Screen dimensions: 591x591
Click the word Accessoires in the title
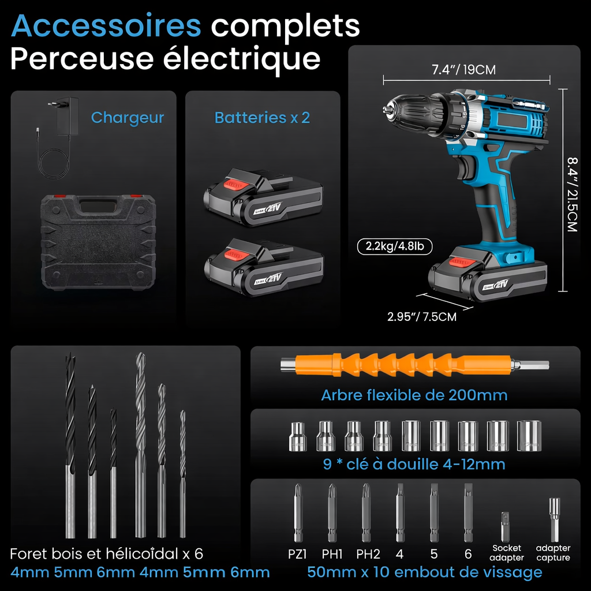point(106,25)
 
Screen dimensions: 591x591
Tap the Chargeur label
point(128,118)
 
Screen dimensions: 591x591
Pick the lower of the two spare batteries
point(263,266)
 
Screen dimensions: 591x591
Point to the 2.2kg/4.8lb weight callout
point(394,246)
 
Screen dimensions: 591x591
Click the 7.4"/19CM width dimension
point(463,70)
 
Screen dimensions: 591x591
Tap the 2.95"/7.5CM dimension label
point(421,317)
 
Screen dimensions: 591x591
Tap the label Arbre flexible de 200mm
point(414,395)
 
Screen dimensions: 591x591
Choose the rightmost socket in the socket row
point(529,436)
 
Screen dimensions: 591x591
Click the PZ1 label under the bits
point(298,554)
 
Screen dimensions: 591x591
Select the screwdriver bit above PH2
point(366,511)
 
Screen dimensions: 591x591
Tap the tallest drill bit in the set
point(140,444)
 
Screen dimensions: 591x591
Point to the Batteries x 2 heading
point(262,118)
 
